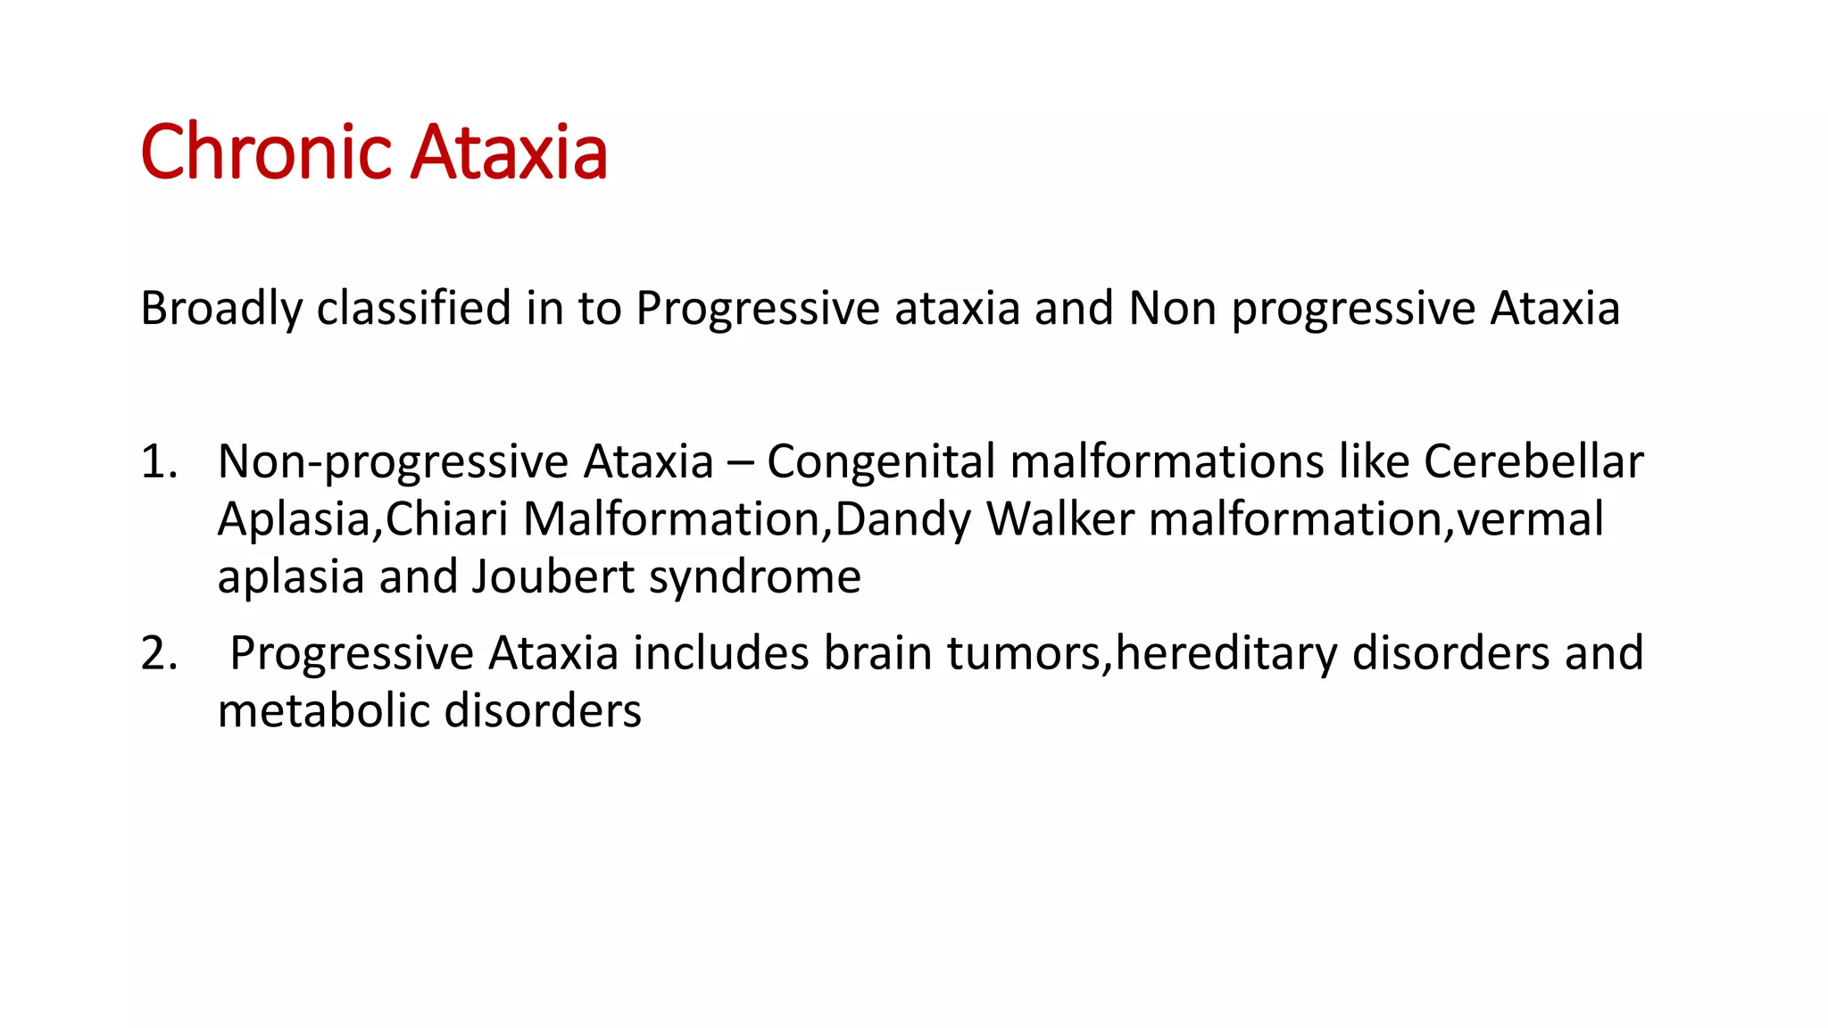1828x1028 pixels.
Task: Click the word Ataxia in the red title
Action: (x=509, y=153)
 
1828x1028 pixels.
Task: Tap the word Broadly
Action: (x=221, y=309)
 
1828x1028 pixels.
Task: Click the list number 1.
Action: (x=158, y=462)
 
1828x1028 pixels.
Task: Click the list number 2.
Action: (x=158, y=654)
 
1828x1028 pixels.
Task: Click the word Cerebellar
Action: (x=1533, y=462)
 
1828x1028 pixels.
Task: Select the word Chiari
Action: (x=446, y=519)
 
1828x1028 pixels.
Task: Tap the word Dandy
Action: (x=902, y=519)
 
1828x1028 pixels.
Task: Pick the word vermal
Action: (x=1529, y=519)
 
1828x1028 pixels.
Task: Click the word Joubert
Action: (x=553, y=576)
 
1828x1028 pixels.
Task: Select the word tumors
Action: (x=1024, y=654)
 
